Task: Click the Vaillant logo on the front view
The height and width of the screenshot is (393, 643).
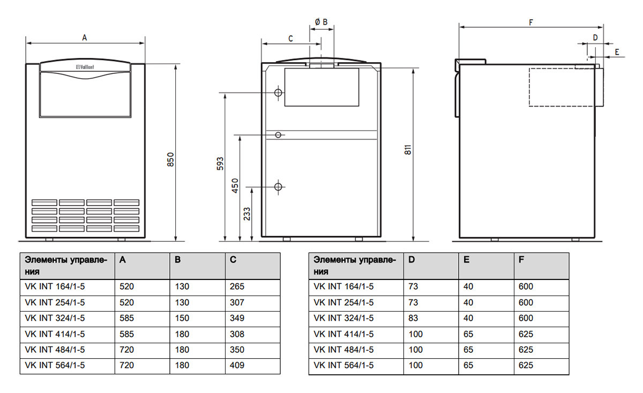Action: click(x=85, y=67)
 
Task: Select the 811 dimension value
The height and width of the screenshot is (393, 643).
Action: click(x=408, y=152)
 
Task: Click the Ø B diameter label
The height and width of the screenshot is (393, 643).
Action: click(x=322, y=21)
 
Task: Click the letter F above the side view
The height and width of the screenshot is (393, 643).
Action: click(x=530, y=22)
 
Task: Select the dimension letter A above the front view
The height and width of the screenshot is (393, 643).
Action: click(x=85, y=37)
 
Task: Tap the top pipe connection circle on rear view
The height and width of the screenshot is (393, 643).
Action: click(x=278, y=93)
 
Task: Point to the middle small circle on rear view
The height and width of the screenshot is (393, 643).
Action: click(x=278, y=134)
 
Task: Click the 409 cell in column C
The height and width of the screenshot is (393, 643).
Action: click(x=237, y=365)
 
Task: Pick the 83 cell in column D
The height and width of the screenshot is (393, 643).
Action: click(x=413, y=318)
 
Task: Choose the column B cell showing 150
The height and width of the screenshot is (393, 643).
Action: click(x=182, y=318)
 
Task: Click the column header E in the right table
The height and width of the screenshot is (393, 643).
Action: click(x=466, y=260)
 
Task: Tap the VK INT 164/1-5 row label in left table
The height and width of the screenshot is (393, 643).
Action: click(x=55, y=286)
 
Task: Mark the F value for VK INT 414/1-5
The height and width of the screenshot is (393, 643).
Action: click(x=526, y=334)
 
